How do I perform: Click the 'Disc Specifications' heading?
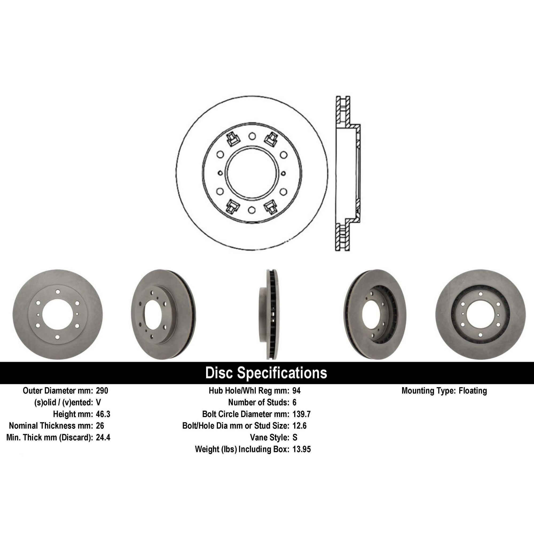266,373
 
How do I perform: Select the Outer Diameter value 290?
102,391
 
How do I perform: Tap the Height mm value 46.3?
103,414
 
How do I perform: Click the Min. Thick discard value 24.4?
103,438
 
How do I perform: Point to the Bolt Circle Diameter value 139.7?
301,414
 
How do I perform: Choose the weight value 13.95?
301,449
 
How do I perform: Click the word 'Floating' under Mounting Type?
473,391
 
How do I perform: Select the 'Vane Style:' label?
269,438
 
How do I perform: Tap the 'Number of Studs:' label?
258,402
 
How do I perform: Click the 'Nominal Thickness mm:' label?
51,426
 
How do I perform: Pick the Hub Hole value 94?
296,391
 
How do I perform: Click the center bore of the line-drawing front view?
252,173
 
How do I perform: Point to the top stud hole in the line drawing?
252,136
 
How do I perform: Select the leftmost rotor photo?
57,315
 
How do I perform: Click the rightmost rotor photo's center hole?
480,315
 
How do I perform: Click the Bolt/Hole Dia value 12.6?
299,426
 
